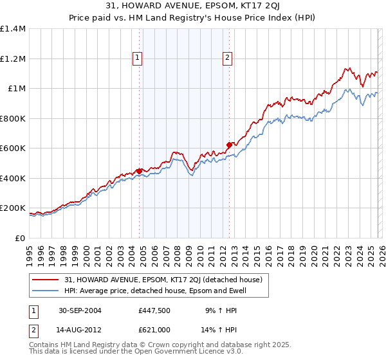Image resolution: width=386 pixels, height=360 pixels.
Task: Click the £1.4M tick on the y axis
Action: coord(12,29)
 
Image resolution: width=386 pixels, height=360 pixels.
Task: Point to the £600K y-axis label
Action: coord(12,148)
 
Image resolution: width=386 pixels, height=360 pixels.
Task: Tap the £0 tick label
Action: coord(19,239)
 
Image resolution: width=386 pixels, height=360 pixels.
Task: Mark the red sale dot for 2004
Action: coord(140,171)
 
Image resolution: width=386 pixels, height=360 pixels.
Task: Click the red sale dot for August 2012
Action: coord(229,145)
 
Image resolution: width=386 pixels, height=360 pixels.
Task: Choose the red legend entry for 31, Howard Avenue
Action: coord(163,280)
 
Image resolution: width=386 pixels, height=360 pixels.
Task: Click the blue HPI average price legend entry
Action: coord(155,291)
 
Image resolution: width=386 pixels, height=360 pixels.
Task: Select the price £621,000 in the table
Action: coord(154,329)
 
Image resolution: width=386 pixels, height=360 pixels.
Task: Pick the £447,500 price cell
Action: coord(154,310)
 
